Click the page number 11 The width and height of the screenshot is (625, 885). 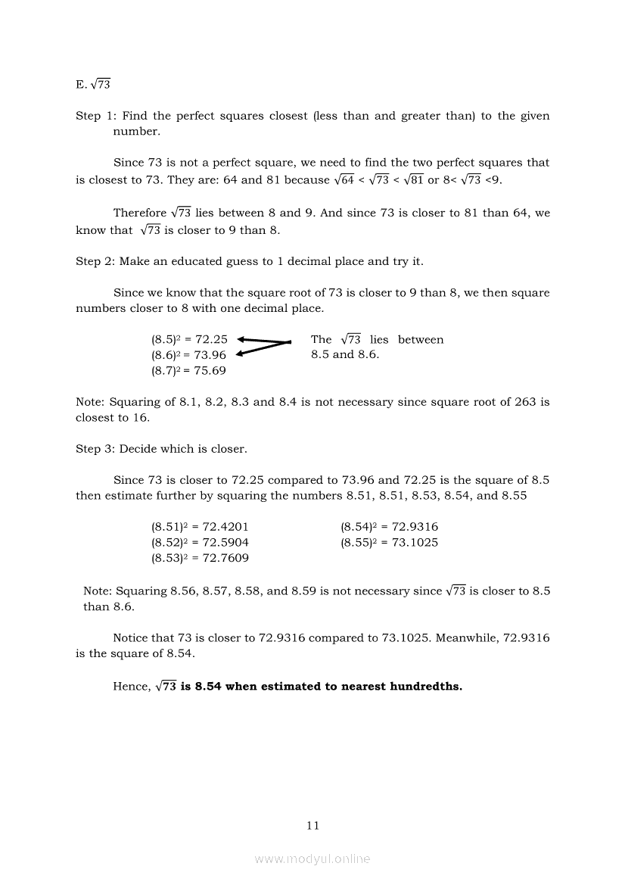coord(312,825)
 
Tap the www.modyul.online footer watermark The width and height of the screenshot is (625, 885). coord(312,859)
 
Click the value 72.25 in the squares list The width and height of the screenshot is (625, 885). coord(211,340)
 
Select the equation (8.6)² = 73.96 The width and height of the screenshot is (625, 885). coord(188,355)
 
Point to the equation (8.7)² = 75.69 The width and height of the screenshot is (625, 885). coord(188,371)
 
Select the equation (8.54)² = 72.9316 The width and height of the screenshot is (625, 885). coord(389,527)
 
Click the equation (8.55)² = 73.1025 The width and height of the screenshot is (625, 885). coord(389,543)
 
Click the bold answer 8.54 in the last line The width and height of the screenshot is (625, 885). coord(208,687)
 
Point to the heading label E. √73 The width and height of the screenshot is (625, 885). coord(93,85)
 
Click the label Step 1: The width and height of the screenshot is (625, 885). coord(96,116)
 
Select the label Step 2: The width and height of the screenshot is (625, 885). coord(96,261)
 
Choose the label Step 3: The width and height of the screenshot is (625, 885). coord(96,449)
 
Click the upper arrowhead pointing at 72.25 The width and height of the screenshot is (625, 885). coord(241,339)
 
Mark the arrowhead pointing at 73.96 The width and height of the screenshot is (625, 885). coord(241,354)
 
